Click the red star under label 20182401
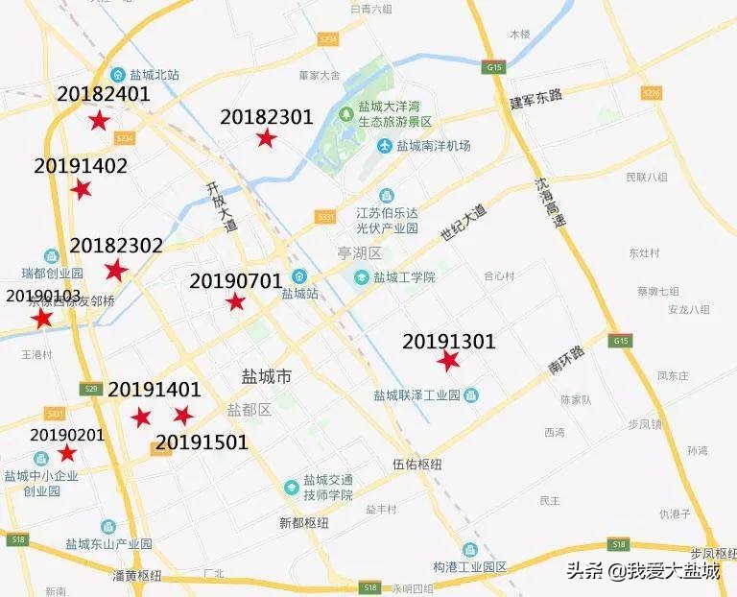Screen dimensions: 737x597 (x=97, y=121)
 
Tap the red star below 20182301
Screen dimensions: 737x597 (x=266, y=138)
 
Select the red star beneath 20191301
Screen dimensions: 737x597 (x=447, y=361)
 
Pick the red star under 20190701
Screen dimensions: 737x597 (x=235, y=302)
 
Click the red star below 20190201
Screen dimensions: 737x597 (x=67, y=453)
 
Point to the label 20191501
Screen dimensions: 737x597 (x=202, y=442)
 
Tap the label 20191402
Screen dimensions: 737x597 (x=81, y=166)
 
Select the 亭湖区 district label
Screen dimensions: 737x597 (x=360, y=253)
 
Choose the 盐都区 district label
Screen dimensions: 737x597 (x=250, y=410)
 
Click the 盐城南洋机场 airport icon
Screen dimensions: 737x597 (x=386, y=146)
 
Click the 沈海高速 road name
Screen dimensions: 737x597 (x=550, y=203)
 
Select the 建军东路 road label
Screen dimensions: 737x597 (x=535, y=100)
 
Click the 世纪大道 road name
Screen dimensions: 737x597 (x=464, y=223)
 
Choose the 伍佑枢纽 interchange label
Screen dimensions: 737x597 (x=417, y=465)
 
